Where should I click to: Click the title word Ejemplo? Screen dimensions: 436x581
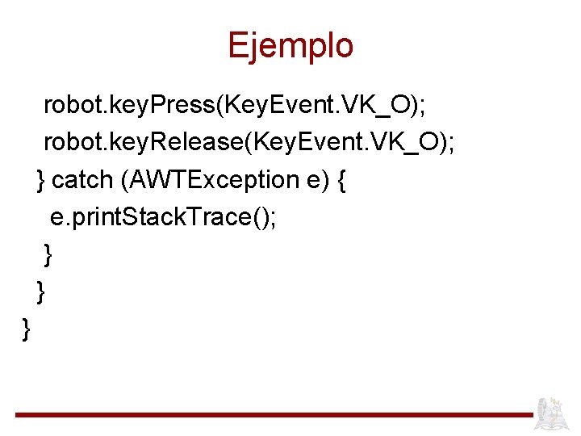click(290, 46)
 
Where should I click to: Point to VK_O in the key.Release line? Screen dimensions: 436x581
click(408, 142)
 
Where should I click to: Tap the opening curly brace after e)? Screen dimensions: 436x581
click(341, 180)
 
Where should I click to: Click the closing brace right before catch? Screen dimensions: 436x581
click(41, 180)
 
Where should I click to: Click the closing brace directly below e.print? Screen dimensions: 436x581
click(48, 254)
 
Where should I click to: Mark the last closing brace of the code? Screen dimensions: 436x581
click(27, 329)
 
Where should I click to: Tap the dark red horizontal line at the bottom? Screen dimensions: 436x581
click(274, 415)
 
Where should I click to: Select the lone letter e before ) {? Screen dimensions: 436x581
click(314, 180)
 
